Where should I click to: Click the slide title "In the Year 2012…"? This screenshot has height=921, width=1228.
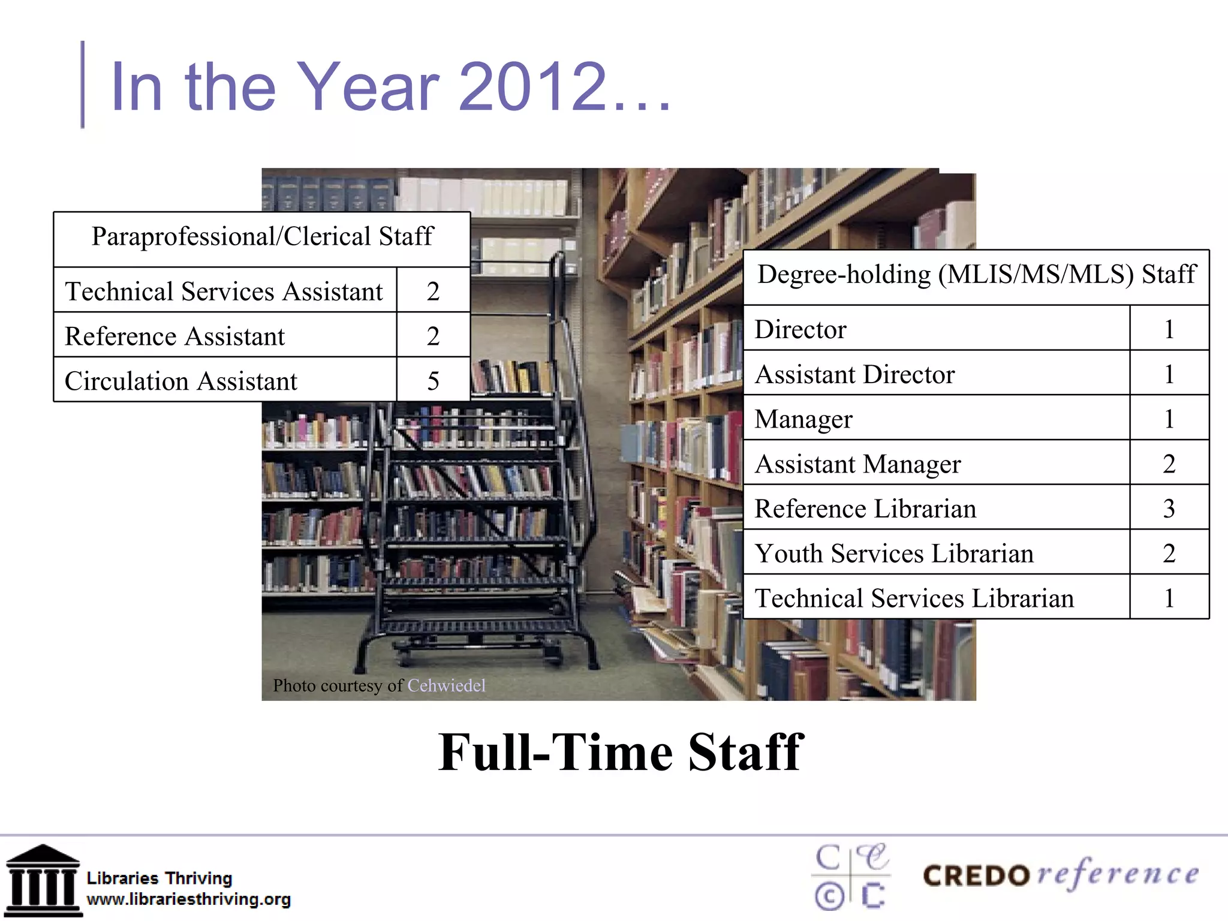390,87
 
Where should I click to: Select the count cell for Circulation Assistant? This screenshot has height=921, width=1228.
433,381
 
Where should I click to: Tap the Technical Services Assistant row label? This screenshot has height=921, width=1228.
224,291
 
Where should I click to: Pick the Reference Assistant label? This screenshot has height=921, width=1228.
174,336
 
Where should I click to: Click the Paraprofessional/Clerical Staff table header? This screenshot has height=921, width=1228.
262,237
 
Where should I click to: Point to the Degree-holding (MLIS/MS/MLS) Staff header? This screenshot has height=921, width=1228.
976,275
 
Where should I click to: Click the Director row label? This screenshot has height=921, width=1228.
800,329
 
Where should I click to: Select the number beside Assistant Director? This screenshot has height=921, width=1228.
1169,374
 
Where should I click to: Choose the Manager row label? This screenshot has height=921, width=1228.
803,419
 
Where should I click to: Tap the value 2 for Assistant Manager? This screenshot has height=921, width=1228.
1169,463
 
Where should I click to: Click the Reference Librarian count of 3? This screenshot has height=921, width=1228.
1169,508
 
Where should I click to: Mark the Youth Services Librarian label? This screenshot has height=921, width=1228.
894,553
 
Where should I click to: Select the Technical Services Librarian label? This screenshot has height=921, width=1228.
914,598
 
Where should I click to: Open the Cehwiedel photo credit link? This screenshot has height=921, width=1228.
446,685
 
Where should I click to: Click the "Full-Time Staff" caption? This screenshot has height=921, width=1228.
621,753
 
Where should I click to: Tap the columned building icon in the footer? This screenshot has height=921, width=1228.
43,880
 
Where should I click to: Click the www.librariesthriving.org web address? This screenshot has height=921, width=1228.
188,899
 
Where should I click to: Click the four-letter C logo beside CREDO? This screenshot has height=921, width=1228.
850,877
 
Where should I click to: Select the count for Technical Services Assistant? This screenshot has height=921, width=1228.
433,291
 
